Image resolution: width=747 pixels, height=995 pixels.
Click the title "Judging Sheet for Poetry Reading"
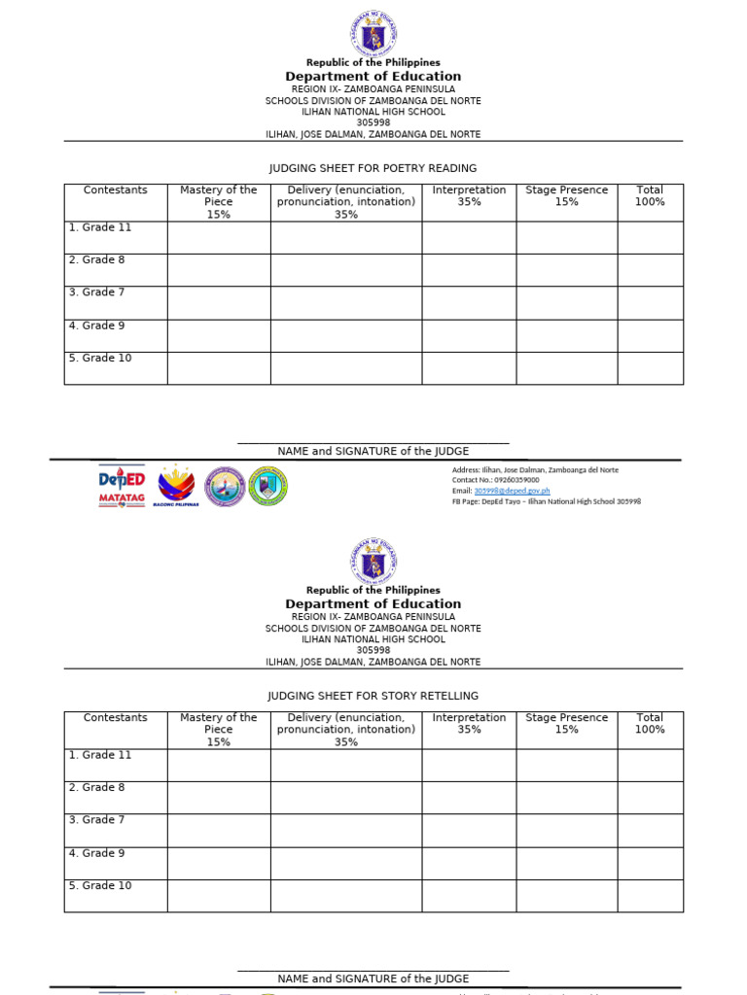point(373,168)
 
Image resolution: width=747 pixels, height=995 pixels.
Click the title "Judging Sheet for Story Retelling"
point(373,696)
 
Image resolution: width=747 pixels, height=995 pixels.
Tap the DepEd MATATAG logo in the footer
point(122,486)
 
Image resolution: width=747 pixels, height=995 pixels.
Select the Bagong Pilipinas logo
point(176,486)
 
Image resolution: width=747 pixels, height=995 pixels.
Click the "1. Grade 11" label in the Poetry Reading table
point(100,227)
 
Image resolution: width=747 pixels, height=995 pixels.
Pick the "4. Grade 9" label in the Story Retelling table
point(97,853)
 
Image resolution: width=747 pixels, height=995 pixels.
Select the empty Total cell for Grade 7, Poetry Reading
point(650,303)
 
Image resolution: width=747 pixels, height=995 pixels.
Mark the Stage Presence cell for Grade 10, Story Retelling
point(566,895)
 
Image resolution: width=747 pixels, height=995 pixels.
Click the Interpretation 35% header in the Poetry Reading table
point(469,195)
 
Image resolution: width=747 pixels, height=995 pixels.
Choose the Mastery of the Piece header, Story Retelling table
point(219,729)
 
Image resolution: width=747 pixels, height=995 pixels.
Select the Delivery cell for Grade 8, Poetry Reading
point(345,270)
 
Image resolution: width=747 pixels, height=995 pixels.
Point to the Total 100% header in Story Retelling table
point(650,723)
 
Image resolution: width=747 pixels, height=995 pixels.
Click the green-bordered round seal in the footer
point(267,486)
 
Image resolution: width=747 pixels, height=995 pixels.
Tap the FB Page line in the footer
point(546,501)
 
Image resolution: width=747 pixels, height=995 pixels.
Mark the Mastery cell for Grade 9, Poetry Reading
point(219,335)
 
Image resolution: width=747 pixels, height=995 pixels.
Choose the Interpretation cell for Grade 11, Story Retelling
point(469,765)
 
